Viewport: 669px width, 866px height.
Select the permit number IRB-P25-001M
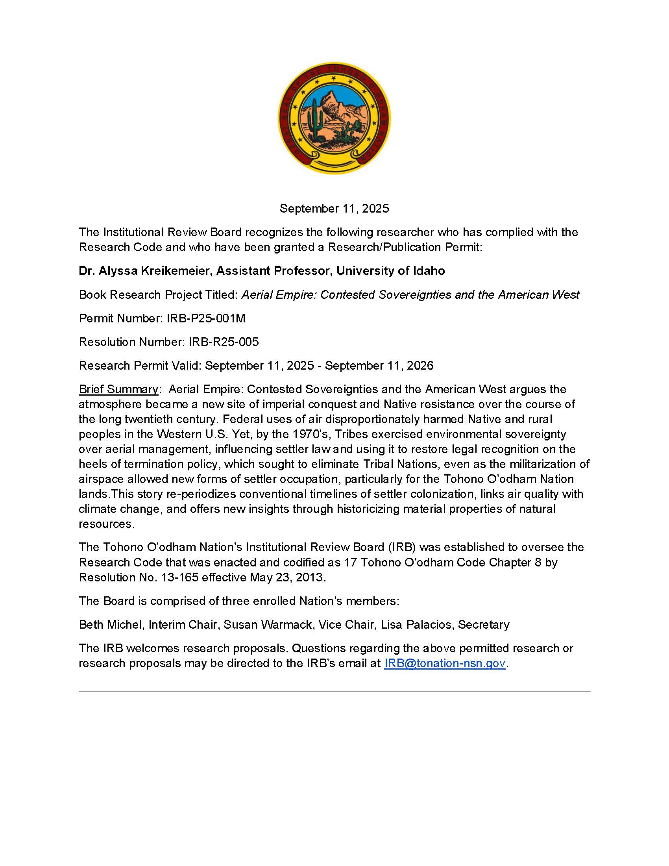[x=206, y=318]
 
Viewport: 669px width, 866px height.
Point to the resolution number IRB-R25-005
[x=224, y=342]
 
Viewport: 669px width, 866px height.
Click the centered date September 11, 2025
[x=334, y=209]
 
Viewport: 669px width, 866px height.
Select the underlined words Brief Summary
[x=118, y=389]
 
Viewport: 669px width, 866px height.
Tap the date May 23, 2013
[x=287, y=577]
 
